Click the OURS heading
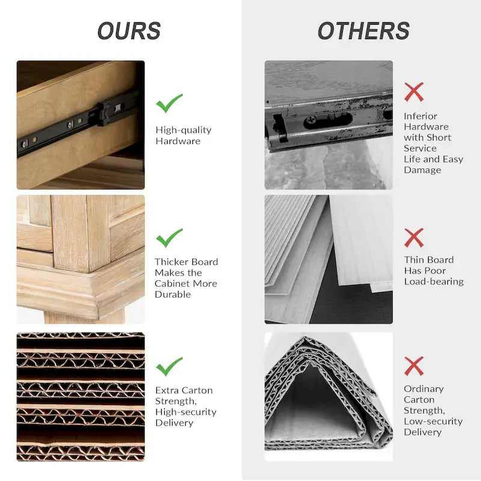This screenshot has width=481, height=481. point(129,31)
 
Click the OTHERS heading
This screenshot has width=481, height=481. point(364,31)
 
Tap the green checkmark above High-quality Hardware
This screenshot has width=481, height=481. point(169,103)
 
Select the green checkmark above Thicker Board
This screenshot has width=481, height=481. point(169,237)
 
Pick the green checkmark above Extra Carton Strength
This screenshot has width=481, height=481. point(169,366)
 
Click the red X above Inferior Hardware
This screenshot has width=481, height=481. point(414,92)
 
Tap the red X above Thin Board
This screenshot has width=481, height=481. point(414,237)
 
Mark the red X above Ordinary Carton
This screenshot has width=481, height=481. point(414,366)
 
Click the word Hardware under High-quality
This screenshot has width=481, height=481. point(178,141)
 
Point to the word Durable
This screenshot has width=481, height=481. point(173,295)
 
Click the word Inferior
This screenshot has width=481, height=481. point(420,116)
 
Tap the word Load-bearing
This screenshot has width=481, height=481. point(434,281)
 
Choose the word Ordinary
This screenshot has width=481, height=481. point(424,389)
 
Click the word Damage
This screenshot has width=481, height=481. point(423,170)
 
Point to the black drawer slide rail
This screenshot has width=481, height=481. point(78,123)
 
